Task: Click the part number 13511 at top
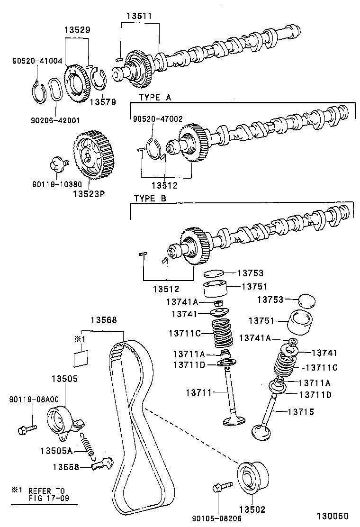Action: pos(139,15)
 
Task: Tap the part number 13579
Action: pos(102,101)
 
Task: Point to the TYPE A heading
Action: pos(155,97)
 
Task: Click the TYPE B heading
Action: pos(150,199)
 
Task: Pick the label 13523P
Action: pos(89,193)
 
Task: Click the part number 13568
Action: pos(102,320)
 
